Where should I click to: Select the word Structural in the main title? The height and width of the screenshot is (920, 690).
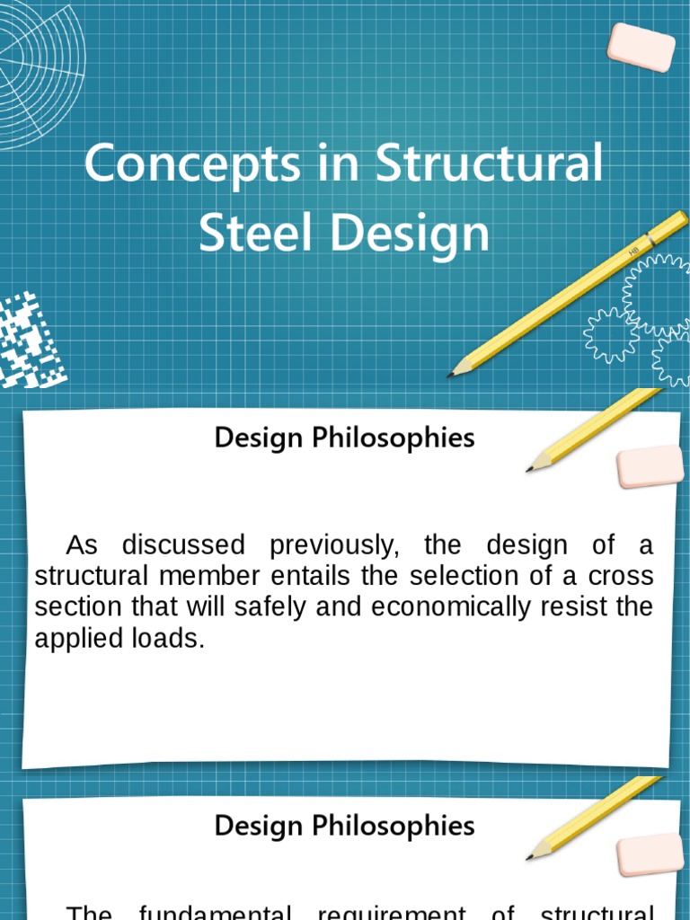(489, 165)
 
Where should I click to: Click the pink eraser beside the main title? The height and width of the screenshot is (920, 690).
(641, 48)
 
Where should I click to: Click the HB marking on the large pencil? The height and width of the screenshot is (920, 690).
(634, 251)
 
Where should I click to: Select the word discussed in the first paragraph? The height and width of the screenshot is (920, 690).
(183, 544)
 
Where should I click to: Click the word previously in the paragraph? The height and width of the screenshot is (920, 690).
(334, 544)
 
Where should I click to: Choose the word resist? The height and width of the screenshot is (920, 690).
(573, 607)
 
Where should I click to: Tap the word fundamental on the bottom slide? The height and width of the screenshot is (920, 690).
(215, 913)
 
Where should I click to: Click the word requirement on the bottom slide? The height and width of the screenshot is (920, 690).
(392, 913)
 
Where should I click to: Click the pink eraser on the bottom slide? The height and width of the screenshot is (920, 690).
(650, 854)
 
